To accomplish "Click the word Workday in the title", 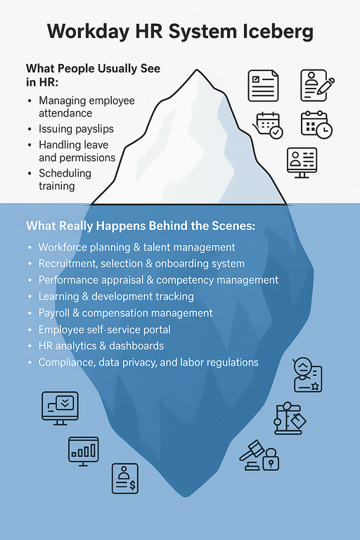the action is coord(88,31).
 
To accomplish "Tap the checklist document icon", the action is coord(263,86).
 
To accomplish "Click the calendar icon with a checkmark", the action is coord(268,125).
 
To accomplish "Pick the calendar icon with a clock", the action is coord(316,124).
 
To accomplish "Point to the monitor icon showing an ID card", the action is coord(302,162).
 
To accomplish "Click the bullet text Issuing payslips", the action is coord(76,129).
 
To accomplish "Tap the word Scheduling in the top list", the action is coord(65,173).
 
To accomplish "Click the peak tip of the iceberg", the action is coord(197,70).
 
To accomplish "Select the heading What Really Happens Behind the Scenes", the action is coord(141,226).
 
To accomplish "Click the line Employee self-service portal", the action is coord(104,330).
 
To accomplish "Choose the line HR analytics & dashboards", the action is coord(101,346).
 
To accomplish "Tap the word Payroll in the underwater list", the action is coord(53,313).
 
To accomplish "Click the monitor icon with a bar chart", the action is coord(84,451).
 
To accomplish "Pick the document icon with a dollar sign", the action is coord(125,478).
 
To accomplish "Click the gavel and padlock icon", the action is coord(259,456).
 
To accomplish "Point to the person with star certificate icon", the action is coord(307,375).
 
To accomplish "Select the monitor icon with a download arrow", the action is coord(60,408).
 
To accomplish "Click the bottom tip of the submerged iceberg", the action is coord(186,496).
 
